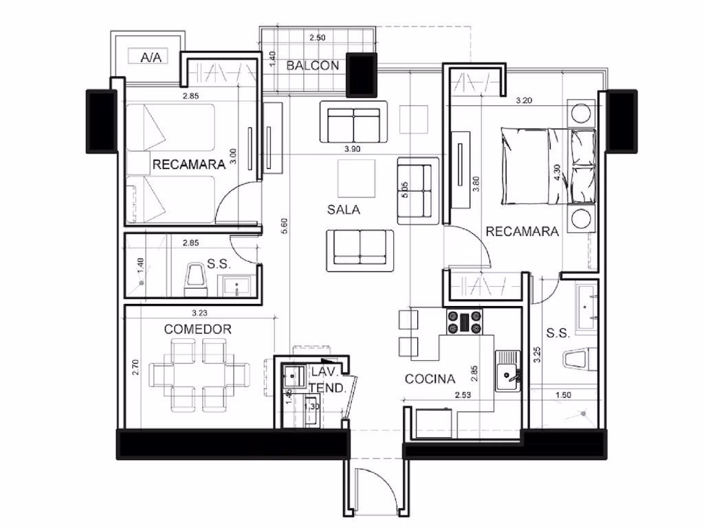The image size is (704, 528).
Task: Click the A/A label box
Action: [148, 56]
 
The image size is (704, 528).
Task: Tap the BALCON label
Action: [313, 65]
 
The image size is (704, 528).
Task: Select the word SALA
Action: [344, 210]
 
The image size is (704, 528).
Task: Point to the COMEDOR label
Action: [197, 329]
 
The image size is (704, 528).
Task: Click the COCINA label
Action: [430, 379]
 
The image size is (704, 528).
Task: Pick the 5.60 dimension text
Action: [284, 225]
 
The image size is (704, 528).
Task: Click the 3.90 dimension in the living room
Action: [353, 149]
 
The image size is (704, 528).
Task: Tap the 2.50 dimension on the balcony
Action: [318, 38]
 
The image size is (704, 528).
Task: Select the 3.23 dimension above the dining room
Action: [200, 313]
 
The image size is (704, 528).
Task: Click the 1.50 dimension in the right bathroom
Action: [563, 395]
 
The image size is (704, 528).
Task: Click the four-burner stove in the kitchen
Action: [464, 322]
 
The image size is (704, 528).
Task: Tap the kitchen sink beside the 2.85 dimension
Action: [508, 371]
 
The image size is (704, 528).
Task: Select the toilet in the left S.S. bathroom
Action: [196, 279]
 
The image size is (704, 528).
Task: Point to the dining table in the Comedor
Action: [199, 375]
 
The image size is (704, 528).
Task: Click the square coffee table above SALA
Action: [357, 179]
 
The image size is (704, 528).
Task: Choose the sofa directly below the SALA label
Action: [360, 251]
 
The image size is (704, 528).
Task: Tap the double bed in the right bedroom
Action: [548, 166]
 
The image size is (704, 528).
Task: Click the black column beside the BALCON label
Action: [362, 74]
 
